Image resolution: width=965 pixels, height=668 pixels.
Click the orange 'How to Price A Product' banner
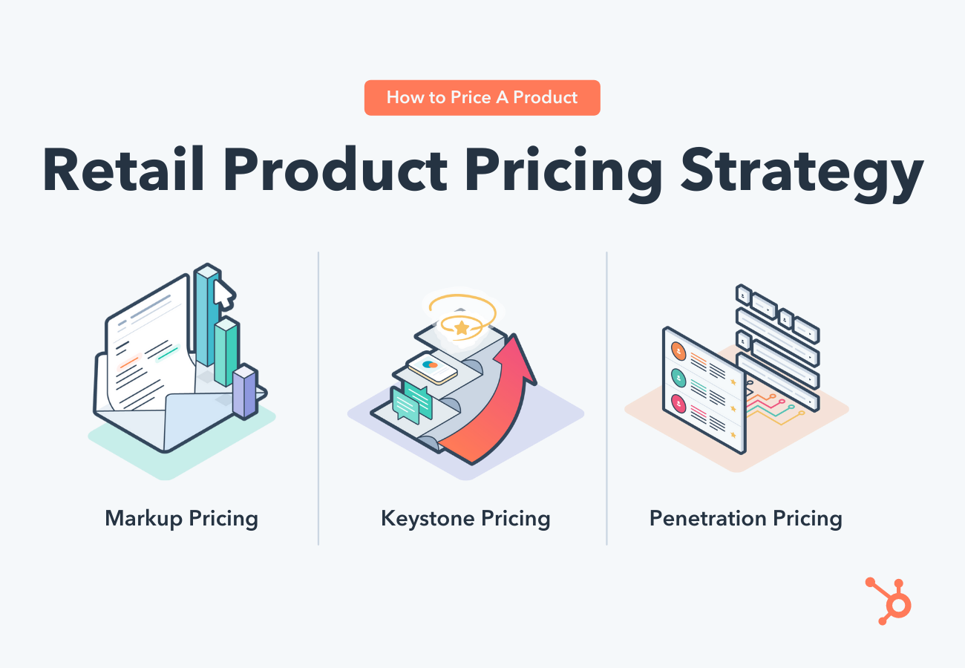coord(482,98)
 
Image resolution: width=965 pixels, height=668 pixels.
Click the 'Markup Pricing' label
coord(181,518)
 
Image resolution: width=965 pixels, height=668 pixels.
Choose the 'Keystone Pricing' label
coord(465,518)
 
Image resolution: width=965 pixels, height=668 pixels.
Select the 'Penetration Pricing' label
coord(745,518)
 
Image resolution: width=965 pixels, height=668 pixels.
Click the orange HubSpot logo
coord(891,601)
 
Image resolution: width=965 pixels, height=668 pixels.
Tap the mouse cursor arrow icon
coord(223,294)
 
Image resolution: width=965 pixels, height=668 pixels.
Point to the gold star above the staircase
coord(461,327)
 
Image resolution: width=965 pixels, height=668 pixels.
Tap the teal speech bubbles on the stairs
coord(411,402)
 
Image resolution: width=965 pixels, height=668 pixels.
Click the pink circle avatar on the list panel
coord(678,404)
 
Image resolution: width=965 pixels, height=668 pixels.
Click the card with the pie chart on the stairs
coord(432,367)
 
